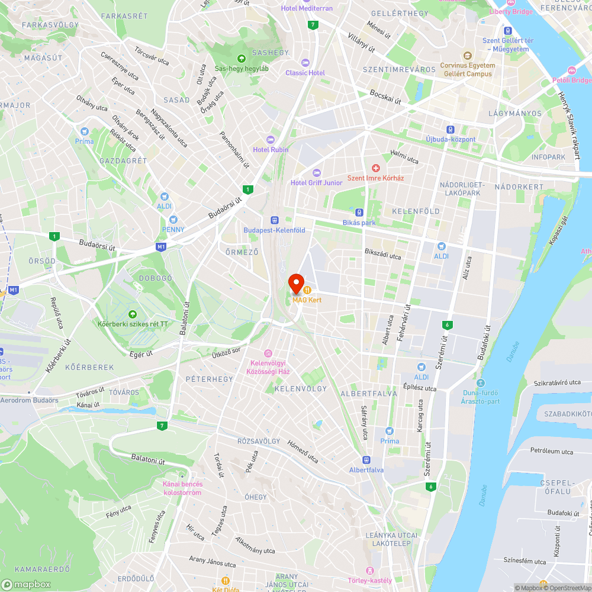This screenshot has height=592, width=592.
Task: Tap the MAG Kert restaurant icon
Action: pyautogui.click(x=308, y=290)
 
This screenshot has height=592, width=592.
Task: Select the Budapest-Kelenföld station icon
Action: pyautogui.click(x=275, y=220)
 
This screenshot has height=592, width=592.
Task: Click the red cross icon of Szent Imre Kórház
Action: pyautogui.click(x=375, y=169)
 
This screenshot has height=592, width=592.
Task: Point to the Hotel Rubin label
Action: pyautogui.click(x=271, y=150)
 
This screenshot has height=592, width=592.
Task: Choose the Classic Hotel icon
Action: pyautogui.click(x=305, y=63)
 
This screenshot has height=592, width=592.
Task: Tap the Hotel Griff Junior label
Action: pyautogui.click(x=316, y=183)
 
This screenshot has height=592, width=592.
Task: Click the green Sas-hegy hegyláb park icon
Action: pyautogui.click(x=242, y=58)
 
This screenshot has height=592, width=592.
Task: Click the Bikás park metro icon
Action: pyautogui.click(x=359, y=213)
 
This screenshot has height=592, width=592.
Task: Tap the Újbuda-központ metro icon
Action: pyautogui.click(x=451, y=130)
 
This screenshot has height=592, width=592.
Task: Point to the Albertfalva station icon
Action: pyautogui.click(x=366, y=460)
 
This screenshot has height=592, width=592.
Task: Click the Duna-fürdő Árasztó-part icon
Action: pyautogui.click(x=480, y=382)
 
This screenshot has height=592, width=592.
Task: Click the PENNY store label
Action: pyautogui.click(x=173, y=230)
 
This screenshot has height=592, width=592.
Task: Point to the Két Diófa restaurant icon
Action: pyautogui.click(x=225, y=581)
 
